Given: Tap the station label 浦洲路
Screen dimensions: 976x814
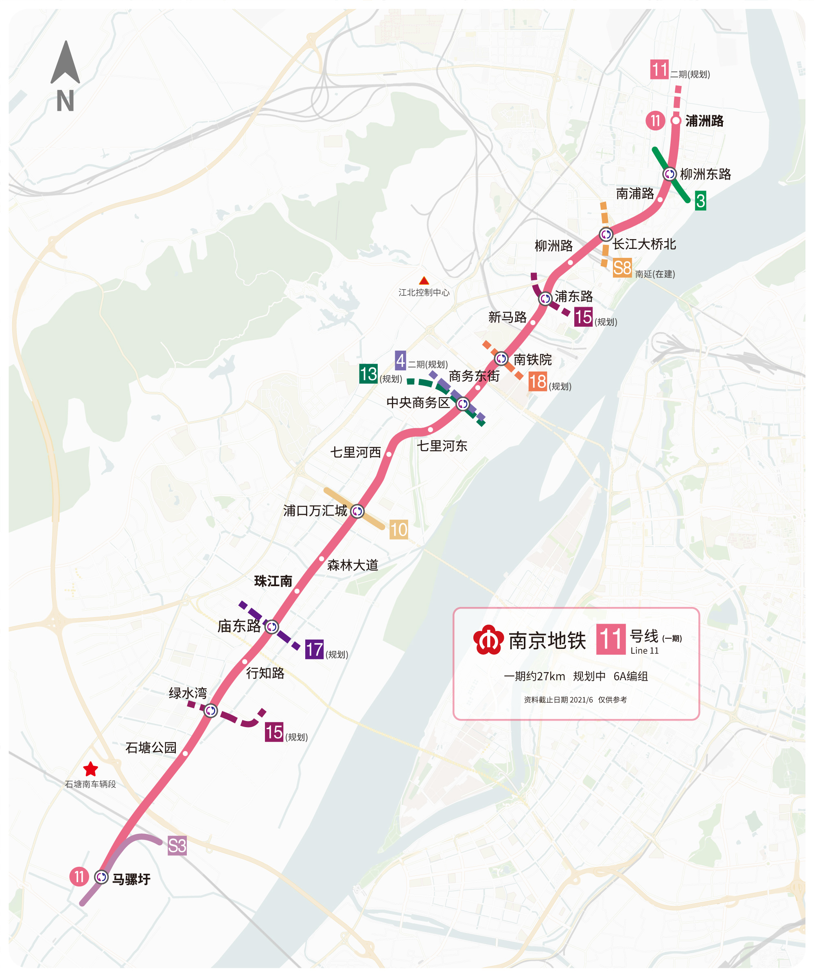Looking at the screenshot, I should [704, 121].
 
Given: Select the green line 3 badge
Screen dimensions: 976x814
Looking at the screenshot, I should [700, 201].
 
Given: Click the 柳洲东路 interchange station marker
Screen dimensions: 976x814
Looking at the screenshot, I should [669, 174].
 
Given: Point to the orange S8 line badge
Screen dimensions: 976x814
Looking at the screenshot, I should [622, 268].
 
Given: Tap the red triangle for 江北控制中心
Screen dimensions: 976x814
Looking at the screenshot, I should [424, 281].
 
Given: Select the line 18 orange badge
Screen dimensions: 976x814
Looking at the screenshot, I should [537, 382].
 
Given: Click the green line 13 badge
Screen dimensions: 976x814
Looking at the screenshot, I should [368, 374].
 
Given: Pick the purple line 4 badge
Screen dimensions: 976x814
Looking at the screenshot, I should [400, 360].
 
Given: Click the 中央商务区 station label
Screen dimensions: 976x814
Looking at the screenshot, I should [418, 402].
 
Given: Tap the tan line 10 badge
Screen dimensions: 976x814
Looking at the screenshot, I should [398, 530].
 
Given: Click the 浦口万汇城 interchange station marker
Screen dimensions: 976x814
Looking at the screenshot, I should [357, 511].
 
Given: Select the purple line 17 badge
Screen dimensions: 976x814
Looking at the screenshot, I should [314, 649].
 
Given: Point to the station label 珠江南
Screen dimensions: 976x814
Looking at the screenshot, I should [273, 581].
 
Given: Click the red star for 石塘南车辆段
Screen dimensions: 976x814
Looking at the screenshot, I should [90, 769].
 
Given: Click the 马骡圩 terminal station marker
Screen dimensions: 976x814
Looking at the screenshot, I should [101, 877].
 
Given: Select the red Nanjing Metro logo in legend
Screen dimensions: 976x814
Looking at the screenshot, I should [488, 640].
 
